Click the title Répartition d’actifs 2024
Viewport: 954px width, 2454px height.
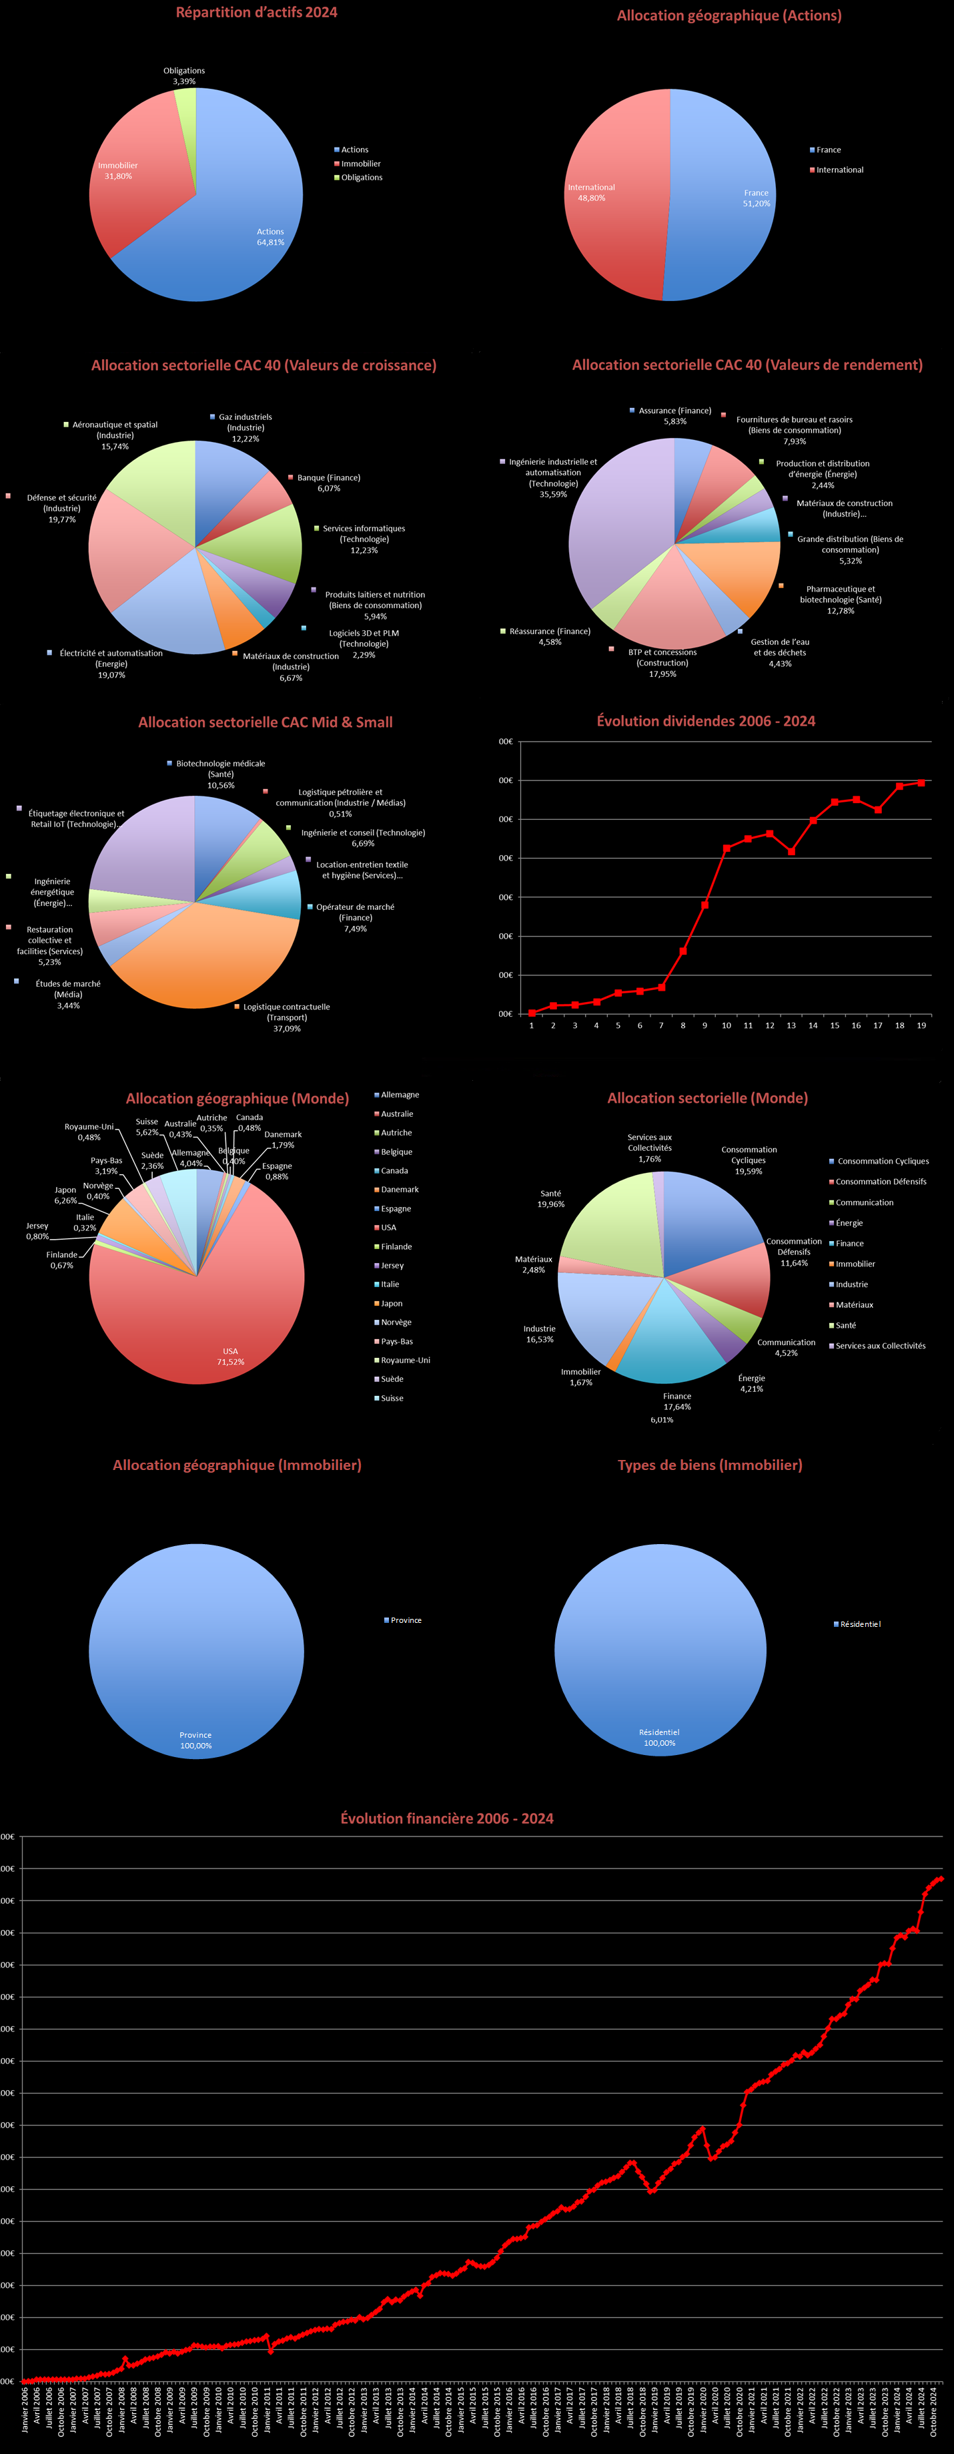point(256,13)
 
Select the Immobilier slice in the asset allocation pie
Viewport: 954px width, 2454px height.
point(133,181)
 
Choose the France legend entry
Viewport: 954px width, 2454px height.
point(827,150)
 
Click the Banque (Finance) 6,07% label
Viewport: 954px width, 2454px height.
point(328,482)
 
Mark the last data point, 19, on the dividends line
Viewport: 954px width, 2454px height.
point(921,783)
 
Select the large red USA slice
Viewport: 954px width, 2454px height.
point(209,1314)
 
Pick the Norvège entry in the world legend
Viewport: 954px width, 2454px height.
point(396,1322)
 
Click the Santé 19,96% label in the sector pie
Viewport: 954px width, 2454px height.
point(550,1198)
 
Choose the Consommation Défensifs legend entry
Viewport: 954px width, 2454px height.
point(880,1182)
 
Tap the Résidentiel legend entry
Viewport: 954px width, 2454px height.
point(860,1624)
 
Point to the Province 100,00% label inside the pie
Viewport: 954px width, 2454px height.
point(195,1740)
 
